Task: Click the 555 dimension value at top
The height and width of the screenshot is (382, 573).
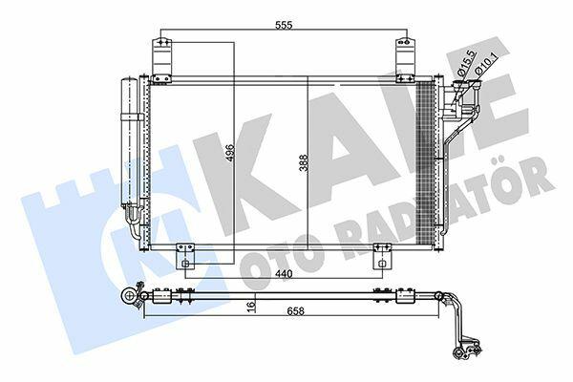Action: [284, 25]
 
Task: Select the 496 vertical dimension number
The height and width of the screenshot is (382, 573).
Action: [229, 154]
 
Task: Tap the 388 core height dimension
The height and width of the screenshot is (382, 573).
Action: [304, 162]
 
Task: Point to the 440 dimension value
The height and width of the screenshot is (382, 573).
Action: [284, 274]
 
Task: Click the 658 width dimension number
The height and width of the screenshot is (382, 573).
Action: [296, 311]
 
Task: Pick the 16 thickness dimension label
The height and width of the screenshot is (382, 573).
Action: [250, 306]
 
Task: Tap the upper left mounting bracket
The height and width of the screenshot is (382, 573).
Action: [161, 60]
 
